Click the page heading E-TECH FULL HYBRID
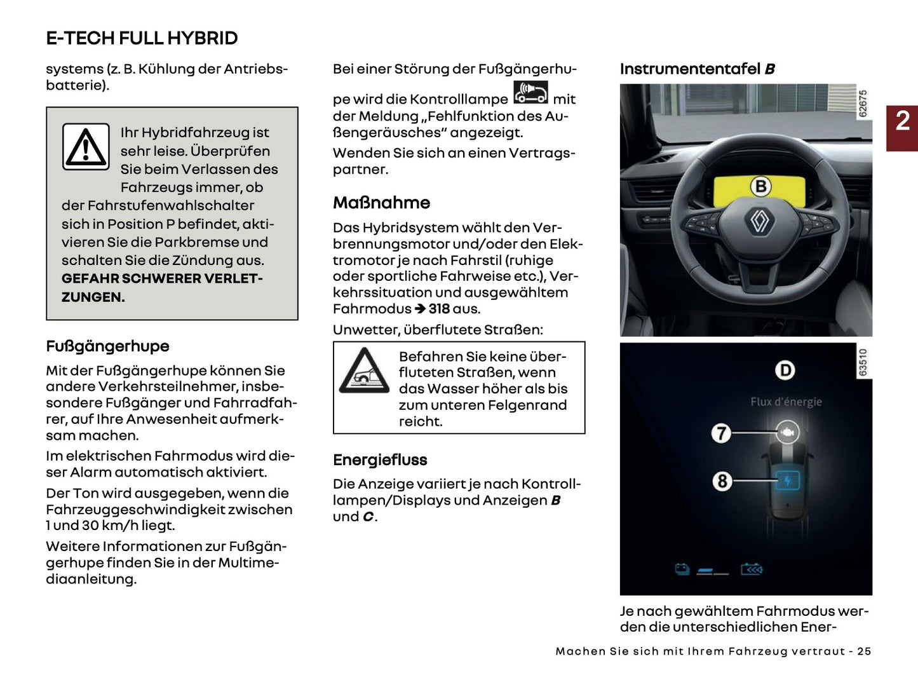142,38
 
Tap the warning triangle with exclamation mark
86,147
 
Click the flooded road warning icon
364,371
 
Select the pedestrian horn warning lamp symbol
530,93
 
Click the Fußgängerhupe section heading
107,346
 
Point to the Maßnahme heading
381,203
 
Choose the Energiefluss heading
380,460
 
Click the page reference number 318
439,309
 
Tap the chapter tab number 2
902,121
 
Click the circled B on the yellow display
760,186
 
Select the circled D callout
785,371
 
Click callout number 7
721,433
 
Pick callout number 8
722,481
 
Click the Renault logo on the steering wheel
760,221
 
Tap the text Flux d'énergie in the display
786,402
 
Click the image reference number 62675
863,103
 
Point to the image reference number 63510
863,362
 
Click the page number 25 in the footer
864,651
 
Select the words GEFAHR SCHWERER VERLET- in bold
162,279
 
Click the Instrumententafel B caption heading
697,69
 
